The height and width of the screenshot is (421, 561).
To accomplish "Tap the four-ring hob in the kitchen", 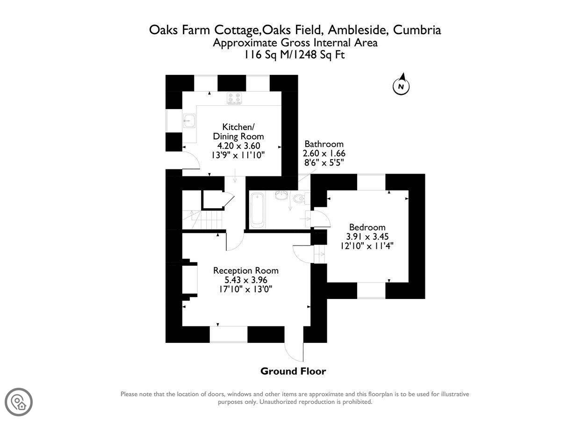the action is coord(234,98).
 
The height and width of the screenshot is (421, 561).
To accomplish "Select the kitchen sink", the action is coord(189,121).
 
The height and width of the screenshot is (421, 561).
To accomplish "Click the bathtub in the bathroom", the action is coord(258,210).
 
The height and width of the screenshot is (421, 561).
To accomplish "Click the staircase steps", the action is coord(202,219).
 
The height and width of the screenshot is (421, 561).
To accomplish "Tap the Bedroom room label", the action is coord(367,227).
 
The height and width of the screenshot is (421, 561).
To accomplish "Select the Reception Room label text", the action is coord(245,270).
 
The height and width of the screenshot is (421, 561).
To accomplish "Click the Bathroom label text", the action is coord(324,144).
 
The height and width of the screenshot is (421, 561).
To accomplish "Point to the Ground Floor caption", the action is coord(293,371).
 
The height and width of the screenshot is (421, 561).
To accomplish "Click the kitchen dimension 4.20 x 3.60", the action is coord(238,145).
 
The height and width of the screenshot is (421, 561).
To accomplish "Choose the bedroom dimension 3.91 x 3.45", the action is coord(367,236).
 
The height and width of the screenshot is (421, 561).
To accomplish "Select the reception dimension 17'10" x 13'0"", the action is coord(245,289).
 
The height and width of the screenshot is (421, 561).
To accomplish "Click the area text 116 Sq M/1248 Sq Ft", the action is coord(295,55).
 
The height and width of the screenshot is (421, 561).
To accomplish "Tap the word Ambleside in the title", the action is coord(357,30).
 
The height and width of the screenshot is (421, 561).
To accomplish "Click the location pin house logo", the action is coord(19,402).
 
